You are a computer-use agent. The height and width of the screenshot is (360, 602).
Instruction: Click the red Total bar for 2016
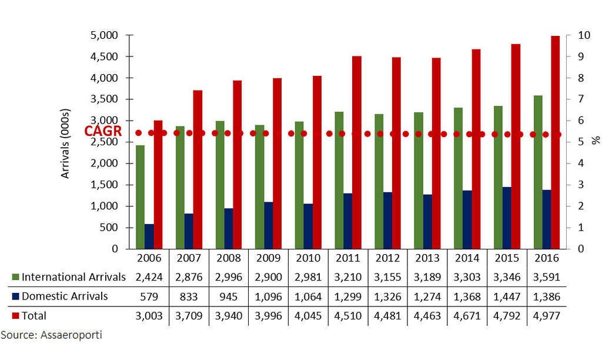[555, 142]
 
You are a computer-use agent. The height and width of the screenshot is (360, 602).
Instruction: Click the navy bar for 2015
[507, 218]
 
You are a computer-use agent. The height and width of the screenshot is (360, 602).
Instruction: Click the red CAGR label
[103, 132]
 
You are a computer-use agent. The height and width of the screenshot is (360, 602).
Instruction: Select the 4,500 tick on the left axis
[107, 56]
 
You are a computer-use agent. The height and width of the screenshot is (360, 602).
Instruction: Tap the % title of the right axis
[595, 141]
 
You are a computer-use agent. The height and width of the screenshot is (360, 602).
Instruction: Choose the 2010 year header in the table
[308, 258]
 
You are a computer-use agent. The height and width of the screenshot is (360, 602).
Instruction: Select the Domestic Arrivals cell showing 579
[148, 296]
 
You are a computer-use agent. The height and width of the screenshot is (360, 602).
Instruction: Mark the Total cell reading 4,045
[308, 316]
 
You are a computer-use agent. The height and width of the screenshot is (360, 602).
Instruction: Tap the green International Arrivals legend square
[15, 277]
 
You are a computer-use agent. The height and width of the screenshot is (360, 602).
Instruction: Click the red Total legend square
[15, 316]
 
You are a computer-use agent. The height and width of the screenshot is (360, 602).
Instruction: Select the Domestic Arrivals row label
[64, 296]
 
